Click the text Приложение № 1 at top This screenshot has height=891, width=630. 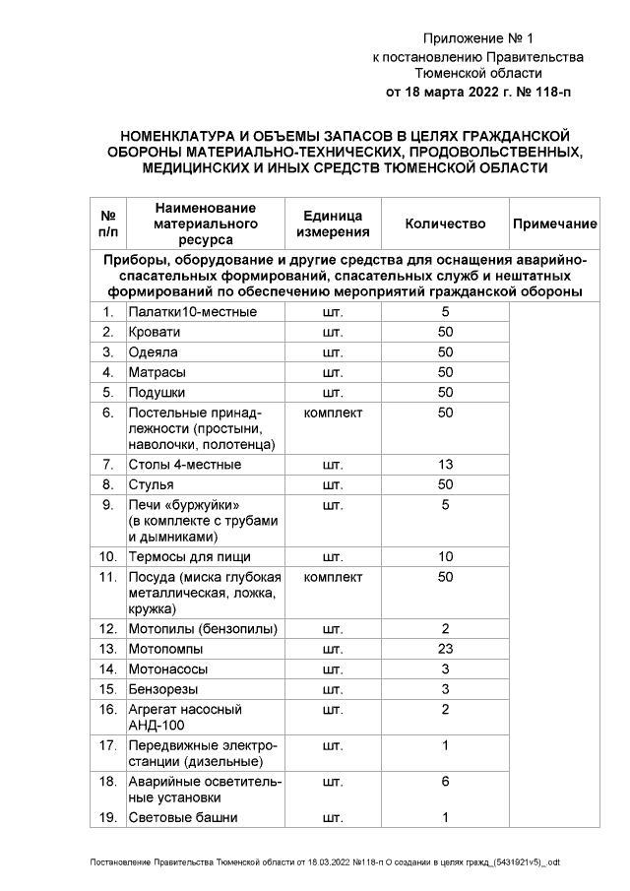point(477,38)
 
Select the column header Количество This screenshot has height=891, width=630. point(445,224)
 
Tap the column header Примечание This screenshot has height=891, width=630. point(554,224)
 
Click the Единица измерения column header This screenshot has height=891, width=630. point(333,224)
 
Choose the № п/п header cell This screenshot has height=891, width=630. point(107,224)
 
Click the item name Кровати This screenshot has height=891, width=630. point(155,332)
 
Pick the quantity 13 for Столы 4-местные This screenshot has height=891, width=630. point(445,464)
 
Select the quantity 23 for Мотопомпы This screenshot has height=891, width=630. point(445,649)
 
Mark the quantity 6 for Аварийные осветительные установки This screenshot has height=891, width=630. point(445,781)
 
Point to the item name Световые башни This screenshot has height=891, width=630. point(183,817)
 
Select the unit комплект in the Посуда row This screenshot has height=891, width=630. point(333,576)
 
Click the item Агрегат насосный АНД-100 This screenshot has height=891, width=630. point(185,717)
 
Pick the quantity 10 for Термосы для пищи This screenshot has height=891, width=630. point(445,556)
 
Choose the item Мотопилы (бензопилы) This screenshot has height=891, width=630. point(202,628)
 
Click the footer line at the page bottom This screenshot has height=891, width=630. point(325,862)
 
